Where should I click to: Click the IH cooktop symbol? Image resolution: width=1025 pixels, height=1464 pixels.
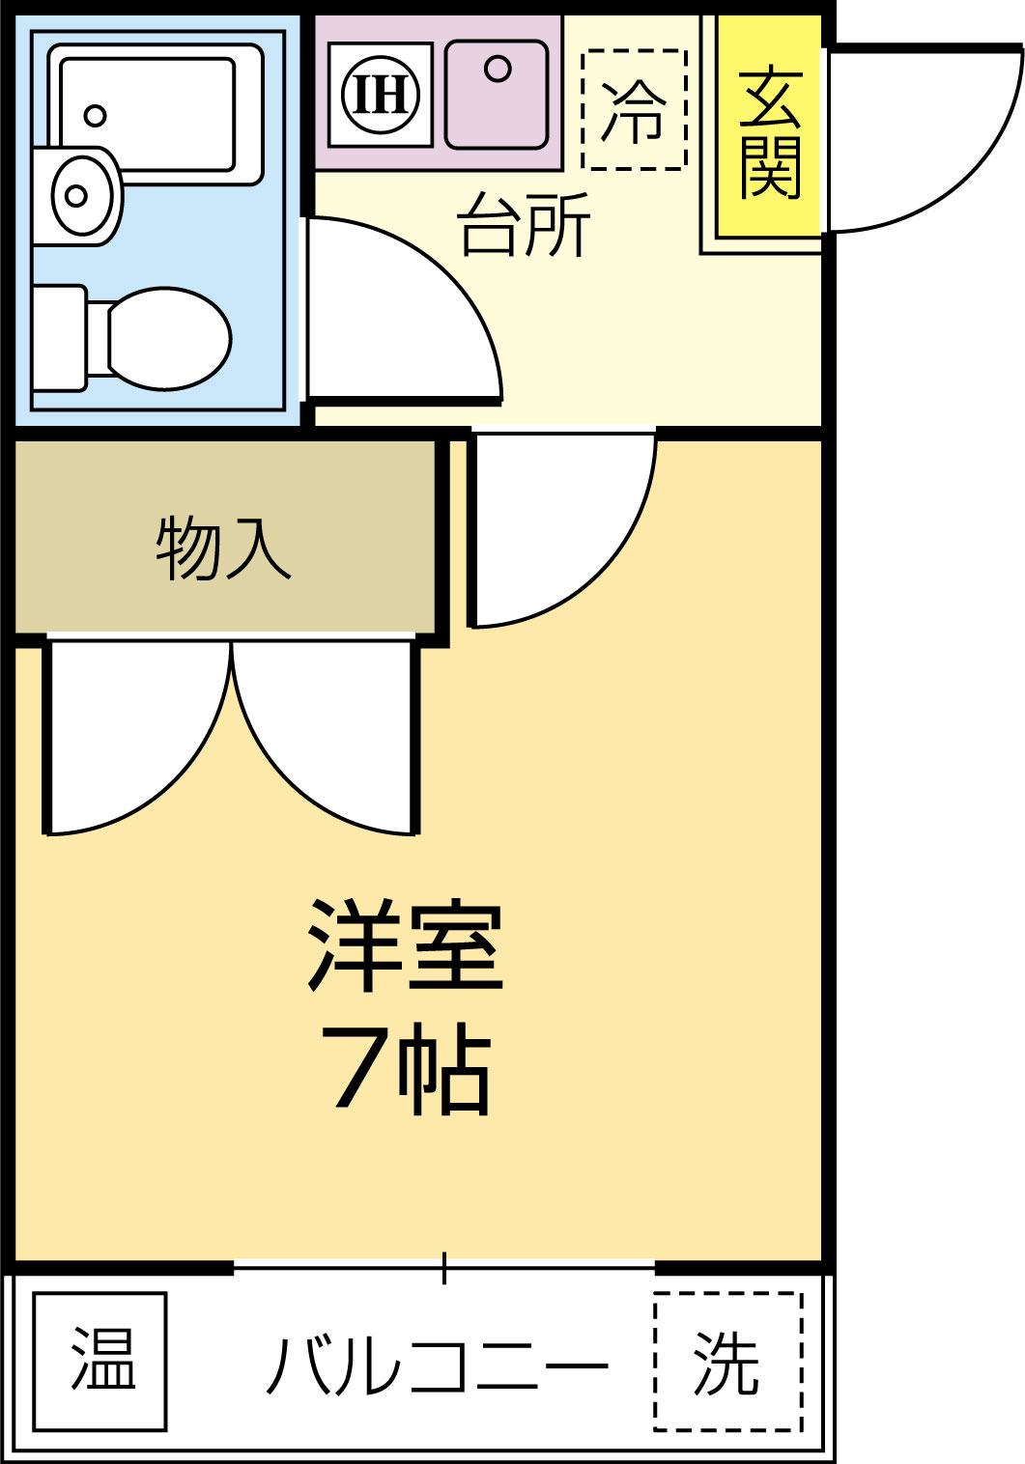coord(381,95)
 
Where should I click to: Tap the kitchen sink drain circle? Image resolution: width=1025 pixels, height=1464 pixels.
coord(498,70)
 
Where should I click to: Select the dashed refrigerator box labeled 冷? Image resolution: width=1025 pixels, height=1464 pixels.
coord(634,109)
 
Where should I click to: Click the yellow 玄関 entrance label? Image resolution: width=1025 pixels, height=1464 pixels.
coord(769,130)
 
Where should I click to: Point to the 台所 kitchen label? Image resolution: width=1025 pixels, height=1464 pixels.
coord(524,225)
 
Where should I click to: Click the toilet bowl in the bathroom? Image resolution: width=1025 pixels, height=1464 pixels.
coord(168,338)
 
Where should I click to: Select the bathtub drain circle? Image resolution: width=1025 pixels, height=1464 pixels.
coord(95,116)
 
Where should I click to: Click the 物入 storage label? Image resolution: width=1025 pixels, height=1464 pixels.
coord(223,549)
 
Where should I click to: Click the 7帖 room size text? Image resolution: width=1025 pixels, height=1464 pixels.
coord(406,1068)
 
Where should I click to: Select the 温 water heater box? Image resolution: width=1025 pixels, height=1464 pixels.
coord(100,1361)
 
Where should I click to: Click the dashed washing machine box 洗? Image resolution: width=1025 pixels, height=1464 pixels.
coord(728,1362)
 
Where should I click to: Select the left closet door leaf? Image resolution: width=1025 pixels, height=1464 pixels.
coord(135,744)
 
